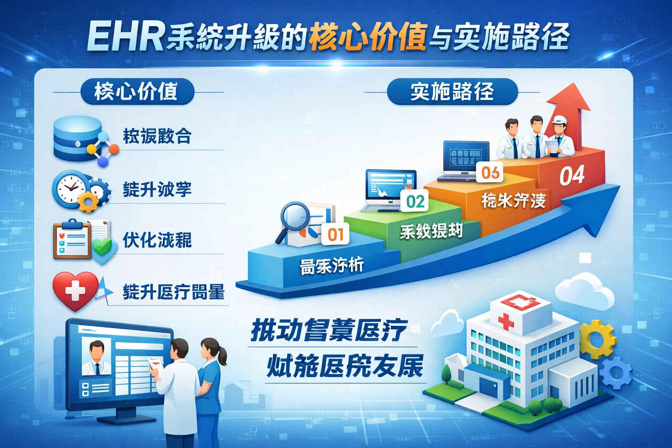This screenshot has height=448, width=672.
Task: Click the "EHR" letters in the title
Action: tap(125, 37)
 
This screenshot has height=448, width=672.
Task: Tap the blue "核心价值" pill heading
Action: tap(136, 91)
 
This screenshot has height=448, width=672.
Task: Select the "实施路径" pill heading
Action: tap(452, 91)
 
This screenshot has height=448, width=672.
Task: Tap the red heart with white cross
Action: tap(75, 290)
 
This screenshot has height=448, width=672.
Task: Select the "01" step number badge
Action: tap(336, 234)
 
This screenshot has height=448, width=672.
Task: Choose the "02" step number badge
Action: tap(415, 201)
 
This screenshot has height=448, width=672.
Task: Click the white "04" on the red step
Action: tap(572, 175)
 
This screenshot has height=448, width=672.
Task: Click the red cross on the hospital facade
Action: tap(506, 321)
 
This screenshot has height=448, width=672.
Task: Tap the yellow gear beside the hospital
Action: tap(597, 339)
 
